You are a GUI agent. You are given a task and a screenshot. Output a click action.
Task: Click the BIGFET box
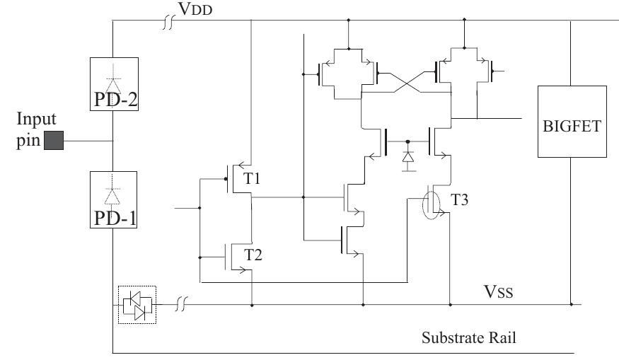pos(572,121)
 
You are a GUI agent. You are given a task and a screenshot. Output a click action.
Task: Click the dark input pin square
pos(54,141)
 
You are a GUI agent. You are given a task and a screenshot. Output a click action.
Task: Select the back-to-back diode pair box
pos(136,304)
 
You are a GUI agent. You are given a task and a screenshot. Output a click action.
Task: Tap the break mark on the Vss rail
pos(181,305)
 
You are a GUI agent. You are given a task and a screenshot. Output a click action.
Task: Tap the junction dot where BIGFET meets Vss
pos(572,305)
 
